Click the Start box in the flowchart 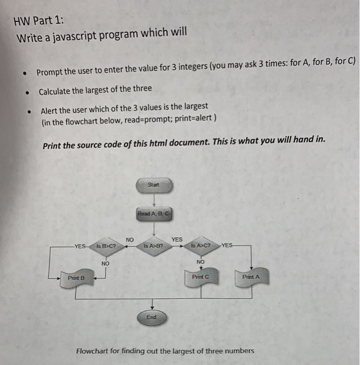[153, 185]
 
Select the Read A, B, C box [154, 214]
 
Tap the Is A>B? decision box [154, 245]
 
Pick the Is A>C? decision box [201, 245]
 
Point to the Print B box [75, 278]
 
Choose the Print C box [201, 277]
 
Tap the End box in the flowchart [152, 317]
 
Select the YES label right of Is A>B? [177, 239]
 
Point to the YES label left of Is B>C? [81, 246]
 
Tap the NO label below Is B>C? [105, 264]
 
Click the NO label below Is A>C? [200, 261]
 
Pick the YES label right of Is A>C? [228, 245]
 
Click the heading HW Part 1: [40, 21]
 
